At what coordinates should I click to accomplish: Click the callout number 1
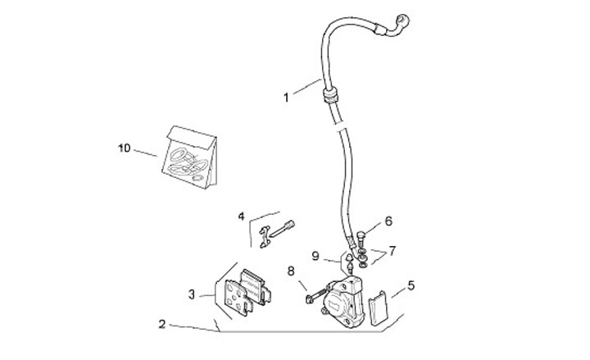pos(286,98)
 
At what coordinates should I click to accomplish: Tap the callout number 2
pos(162,324)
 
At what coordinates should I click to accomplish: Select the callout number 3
pos(190,294)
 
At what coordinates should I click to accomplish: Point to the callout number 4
pos(242,217)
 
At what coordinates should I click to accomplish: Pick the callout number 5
pos(411,285)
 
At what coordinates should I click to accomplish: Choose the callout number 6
pos(388,221)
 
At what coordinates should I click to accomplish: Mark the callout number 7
pos(393,250)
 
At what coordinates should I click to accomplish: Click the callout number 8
pos(290,271)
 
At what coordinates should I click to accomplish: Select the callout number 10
pos(124,148)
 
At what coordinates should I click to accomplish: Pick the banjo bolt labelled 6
pos(360,239)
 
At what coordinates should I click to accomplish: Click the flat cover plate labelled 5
pos(378,308)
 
